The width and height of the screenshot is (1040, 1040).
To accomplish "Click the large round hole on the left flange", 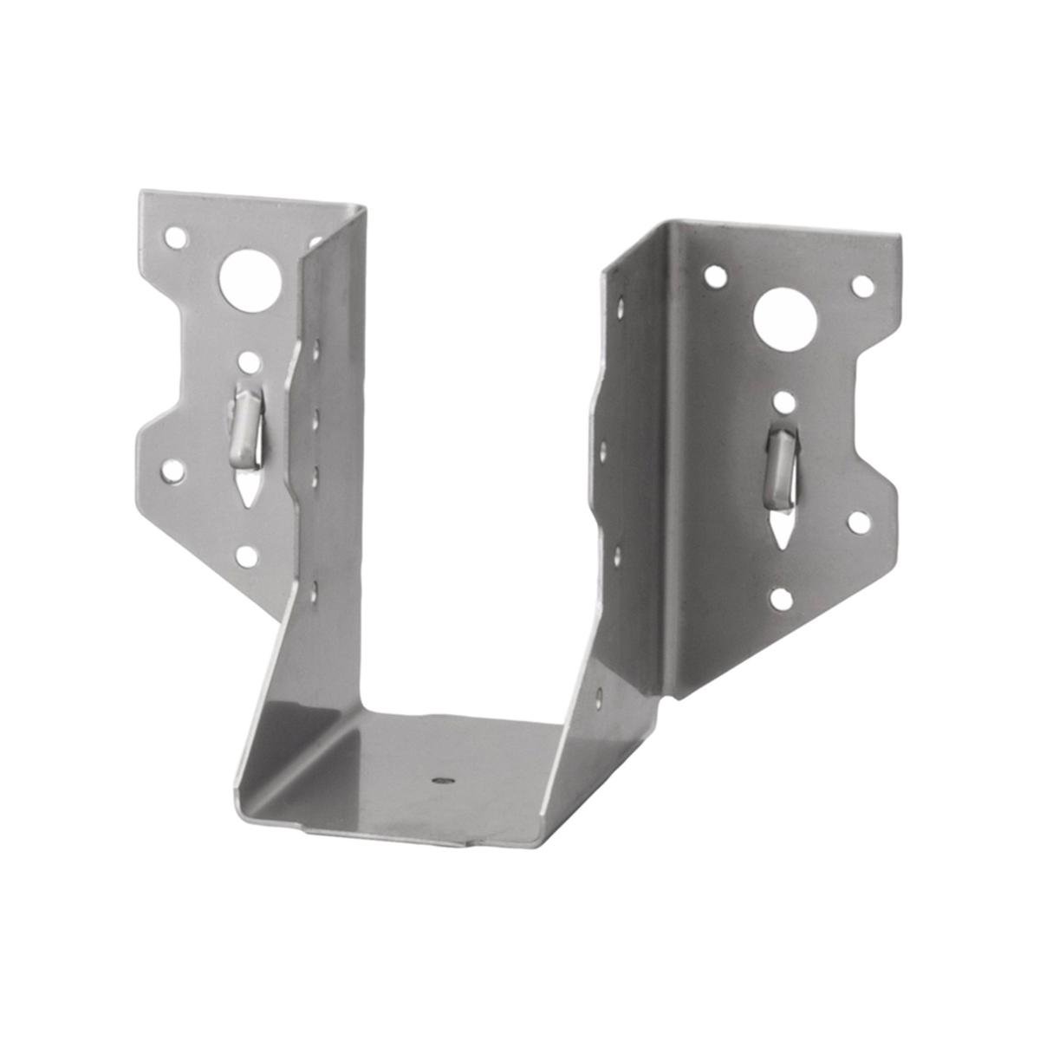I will (x=246, y=276).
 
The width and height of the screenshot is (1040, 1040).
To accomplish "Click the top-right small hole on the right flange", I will (x=861, y=284).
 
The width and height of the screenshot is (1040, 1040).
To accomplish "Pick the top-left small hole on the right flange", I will (x=715, y=276).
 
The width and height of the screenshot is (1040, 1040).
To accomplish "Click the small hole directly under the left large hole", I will (x=249, y=361).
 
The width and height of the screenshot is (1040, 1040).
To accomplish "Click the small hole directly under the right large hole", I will (x=783, y=402).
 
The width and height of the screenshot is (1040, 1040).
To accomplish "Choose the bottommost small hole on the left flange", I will (x=247, y=556).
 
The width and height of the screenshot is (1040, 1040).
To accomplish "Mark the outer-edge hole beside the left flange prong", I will (x=173, y=471).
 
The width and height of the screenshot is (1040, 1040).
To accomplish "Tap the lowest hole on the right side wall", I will (x=600, y=693).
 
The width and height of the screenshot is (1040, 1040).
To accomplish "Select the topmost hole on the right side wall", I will (x=619, y=303).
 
